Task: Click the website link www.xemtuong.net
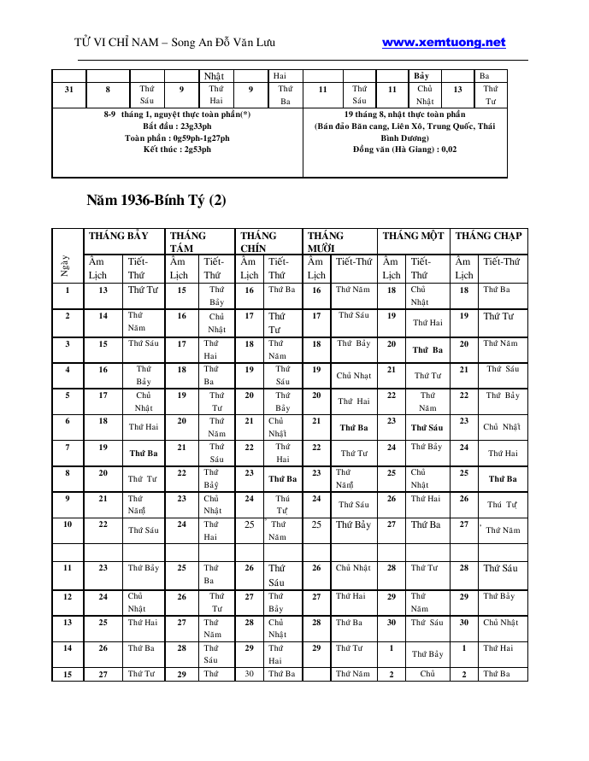tap(444, 42)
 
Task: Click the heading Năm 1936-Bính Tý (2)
tap(156, 201)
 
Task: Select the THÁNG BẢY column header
tap(118, 236)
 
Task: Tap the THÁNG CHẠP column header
tap(489, 236)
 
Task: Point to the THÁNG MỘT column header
tap(413, 236)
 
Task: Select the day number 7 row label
tap(68, 447)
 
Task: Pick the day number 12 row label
tap(68, 596)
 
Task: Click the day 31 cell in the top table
tap(68, 89)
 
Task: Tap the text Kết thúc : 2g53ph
tap(177, 149)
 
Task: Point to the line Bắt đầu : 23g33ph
tap(177, 126)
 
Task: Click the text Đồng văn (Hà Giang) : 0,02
tap(404, 149)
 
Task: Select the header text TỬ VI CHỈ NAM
tap(115, 43)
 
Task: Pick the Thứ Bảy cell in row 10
tap(353, 525)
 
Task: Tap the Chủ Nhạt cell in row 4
tap(353, 375)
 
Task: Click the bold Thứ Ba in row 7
tap(144, 454)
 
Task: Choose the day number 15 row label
tap(68, 674)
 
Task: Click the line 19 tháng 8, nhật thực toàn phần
tap(404, 114)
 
